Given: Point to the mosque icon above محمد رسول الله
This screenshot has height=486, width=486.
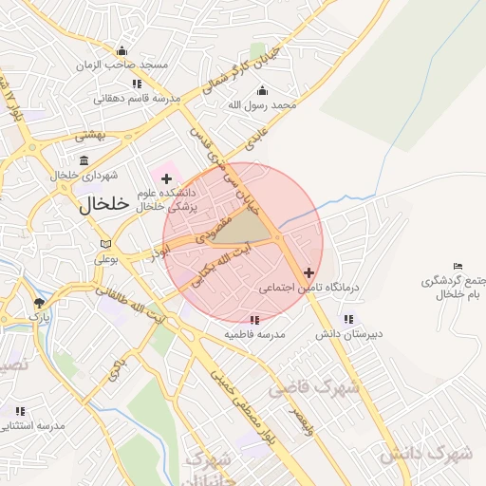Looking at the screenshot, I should (263, 91).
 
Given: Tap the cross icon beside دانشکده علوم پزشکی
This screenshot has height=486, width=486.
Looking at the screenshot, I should (166, 178).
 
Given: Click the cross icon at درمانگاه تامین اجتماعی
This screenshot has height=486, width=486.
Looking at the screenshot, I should (308, 272).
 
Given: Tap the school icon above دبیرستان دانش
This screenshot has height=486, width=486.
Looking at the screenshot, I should (348, 319).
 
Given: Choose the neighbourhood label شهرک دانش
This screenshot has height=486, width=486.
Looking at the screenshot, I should (426, 454).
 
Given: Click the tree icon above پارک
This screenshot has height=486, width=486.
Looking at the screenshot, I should (39, 303).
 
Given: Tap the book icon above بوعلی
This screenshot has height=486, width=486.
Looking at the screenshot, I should (104, 246).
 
